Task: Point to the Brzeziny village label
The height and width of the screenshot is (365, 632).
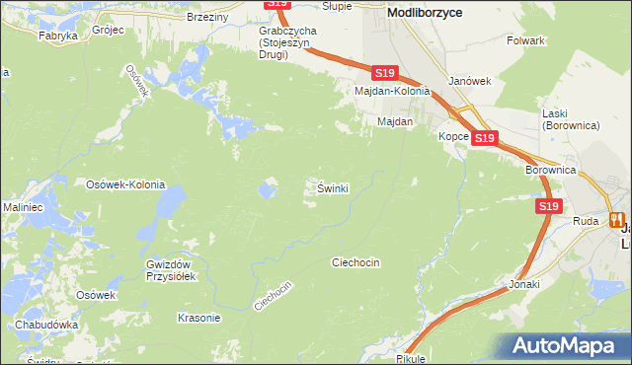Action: click(x=207, y=17)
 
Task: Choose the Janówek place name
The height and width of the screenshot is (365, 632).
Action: click(x=469, y=81)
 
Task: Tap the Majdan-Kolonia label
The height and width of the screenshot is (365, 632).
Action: click(x=393, y=91)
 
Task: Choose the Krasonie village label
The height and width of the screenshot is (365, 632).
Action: click(x=197, y=318)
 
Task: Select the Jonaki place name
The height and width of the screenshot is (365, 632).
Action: click(x=524, y=284)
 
